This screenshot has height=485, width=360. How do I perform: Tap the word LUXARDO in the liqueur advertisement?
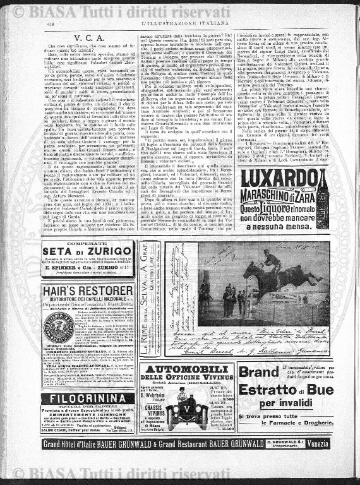pyautogui.click(x=280, y=179)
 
